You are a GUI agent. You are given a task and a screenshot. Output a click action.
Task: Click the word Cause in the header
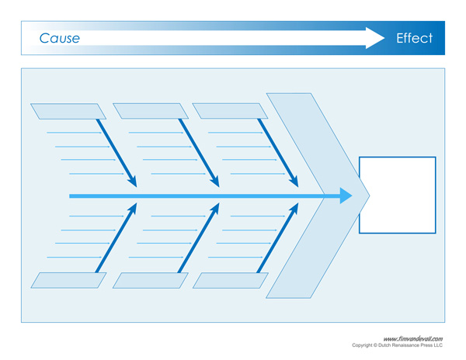59,38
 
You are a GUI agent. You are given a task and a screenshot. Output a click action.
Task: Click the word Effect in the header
414,38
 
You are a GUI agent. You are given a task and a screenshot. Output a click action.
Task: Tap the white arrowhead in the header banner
377,38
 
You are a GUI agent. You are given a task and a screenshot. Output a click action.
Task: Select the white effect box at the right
397,195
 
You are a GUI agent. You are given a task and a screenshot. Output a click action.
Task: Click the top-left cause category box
68,111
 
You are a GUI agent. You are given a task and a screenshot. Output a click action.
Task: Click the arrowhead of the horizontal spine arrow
345,196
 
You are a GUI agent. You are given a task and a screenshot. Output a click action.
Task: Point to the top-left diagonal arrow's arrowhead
133,182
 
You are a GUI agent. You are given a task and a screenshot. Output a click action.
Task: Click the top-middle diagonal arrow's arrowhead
215,182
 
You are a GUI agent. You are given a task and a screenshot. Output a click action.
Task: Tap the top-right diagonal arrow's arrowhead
294,182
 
